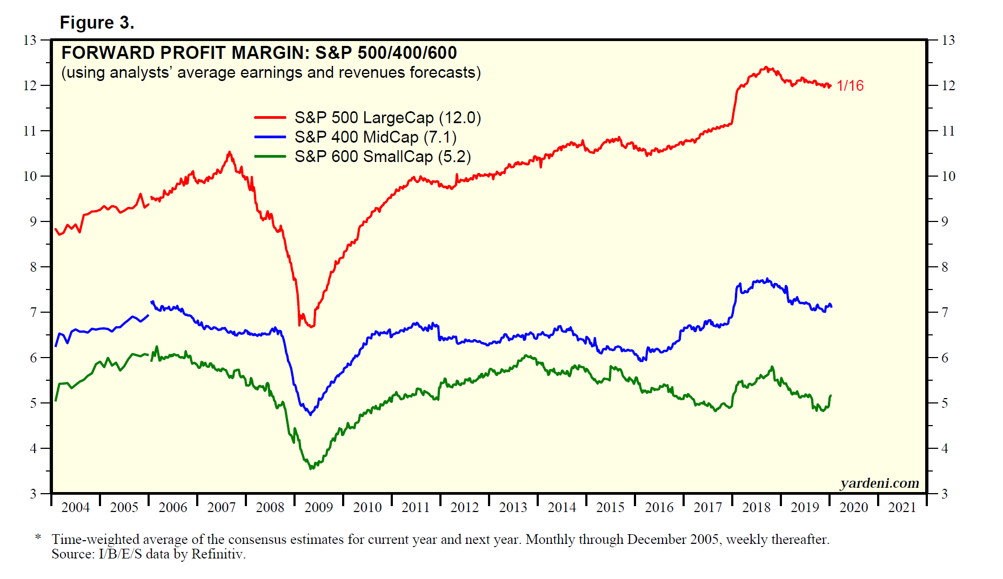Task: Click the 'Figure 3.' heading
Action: [97, 23]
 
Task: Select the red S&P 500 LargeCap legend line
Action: [270, 117]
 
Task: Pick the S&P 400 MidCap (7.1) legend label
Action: [375, 137]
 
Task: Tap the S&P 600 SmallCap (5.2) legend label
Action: [383, 157]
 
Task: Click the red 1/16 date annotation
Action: [850, 86]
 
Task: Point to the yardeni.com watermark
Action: [879, 483]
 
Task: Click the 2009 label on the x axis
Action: [318, 508]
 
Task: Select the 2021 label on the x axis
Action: [902, 508]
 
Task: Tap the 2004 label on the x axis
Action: [75, 508]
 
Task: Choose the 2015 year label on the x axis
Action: [610, 508]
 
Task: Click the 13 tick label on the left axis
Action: [30, 41]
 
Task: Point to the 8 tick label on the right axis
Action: [945, 267]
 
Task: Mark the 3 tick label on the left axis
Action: [33, 494]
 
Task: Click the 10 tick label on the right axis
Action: [948, 176]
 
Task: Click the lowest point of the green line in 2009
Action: [311, 468]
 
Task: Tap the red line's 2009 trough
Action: [311, 327]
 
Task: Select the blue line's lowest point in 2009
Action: [310, 414]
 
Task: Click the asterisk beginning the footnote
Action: [38, 537]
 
